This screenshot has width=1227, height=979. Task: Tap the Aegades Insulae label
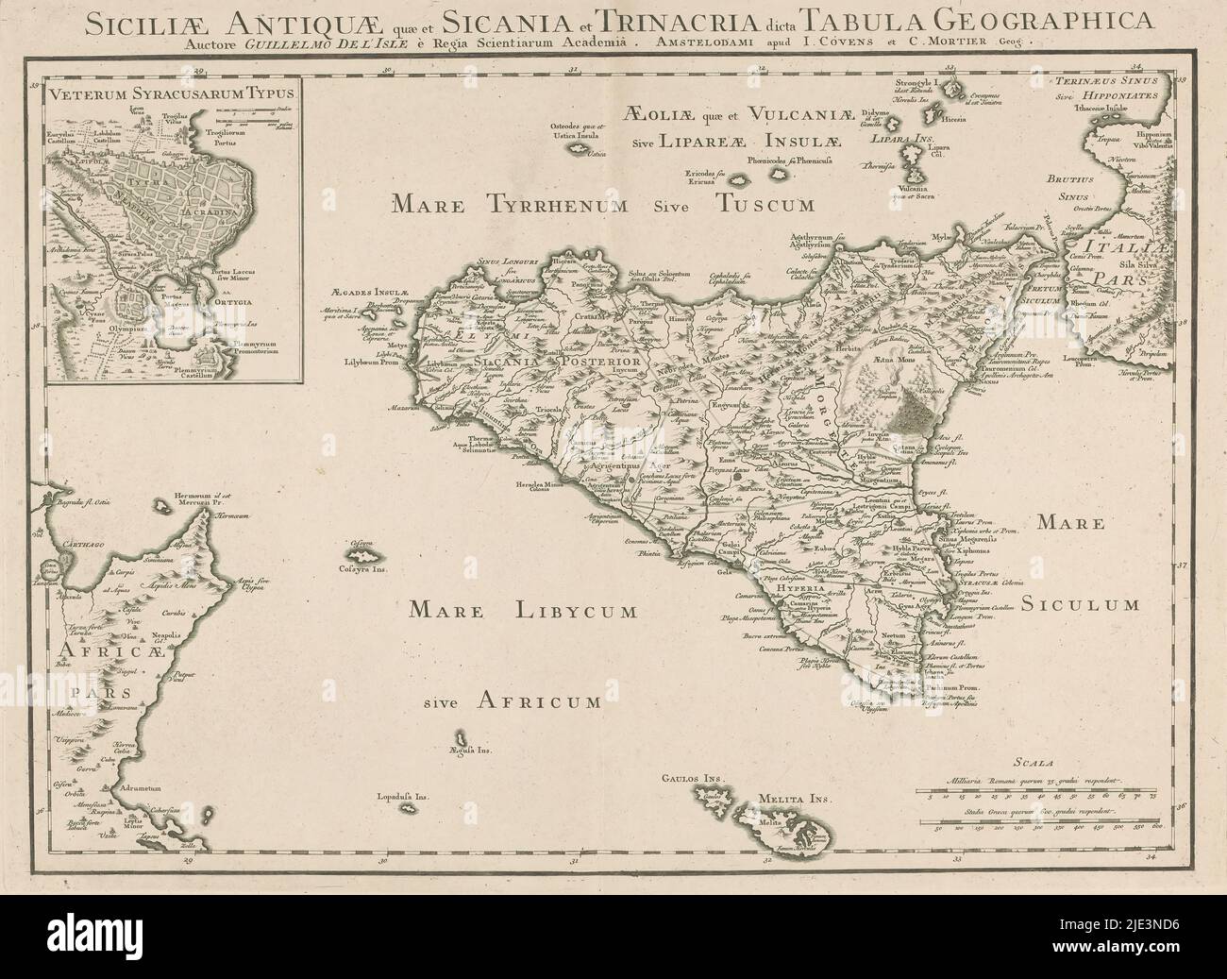369,293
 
